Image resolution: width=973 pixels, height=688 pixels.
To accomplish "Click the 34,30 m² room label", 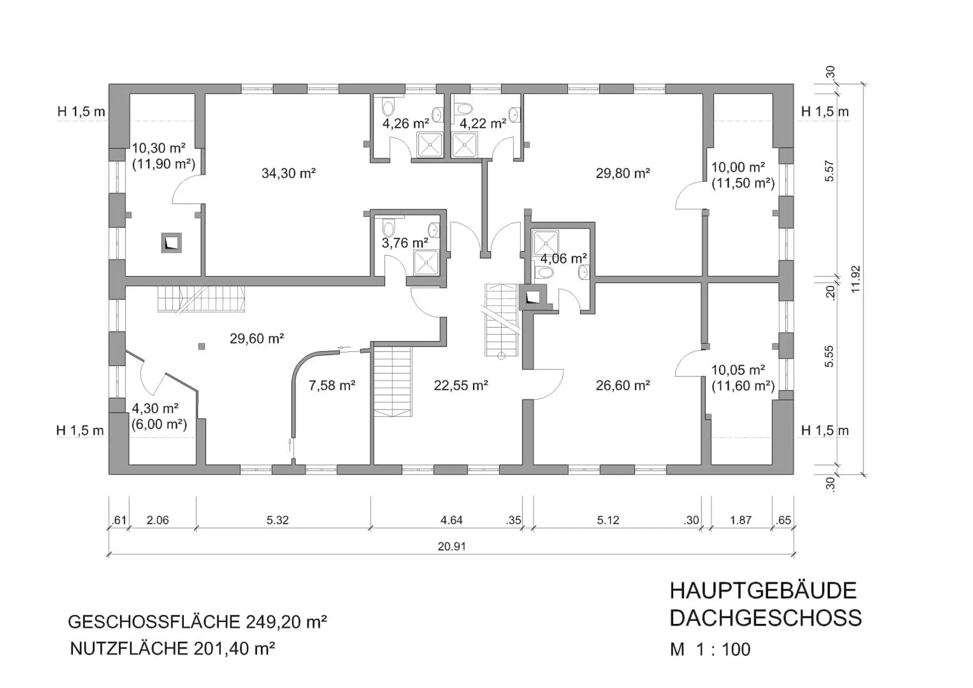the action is click(288, 173).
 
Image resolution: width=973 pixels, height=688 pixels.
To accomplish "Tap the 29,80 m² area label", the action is click(623, 173).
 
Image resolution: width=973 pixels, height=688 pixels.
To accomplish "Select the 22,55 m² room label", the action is click(461, 386).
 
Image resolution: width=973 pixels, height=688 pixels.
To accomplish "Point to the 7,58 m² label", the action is click(332, 386).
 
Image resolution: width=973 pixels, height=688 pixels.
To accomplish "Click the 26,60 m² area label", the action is click(623, 386).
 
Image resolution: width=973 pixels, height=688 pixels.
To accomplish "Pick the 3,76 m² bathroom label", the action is click(405, 243).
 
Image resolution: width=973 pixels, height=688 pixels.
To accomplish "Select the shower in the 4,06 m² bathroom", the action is click(545, 243).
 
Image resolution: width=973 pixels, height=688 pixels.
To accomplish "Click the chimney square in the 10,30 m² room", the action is click(171, 243).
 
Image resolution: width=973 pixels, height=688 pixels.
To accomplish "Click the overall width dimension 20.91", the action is click(452, 547).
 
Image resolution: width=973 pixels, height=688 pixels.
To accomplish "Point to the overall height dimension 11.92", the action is click(856, 279).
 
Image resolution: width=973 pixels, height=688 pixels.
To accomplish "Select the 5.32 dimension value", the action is click(278, 520).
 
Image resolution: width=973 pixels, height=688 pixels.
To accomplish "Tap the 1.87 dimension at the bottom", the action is click(740, 520).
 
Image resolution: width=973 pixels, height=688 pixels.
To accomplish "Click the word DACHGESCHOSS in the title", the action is click(766, 618).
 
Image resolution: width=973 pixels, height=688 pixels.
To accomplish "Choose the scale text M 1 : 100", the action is click(710, 649).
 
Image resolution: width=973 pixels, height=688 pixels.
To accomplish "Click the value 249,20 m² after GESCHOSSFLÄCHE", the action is click(286, 622).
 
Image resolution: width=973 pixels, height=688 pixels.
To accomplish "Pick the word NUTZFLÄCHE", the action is click(129, 648).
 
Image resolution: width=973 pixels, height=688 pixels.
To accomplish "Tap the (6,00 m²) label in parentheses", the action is click(159, 425).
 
